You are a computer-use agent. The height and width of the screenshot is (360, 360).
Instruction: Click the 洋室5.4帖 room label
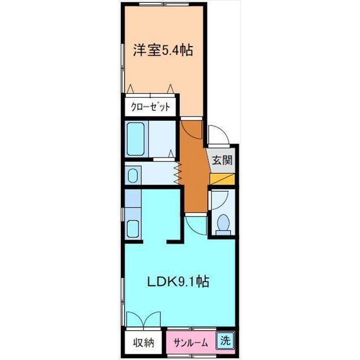(163, 50)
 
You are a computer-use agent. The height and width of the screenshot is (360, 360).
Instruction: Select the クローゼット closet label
(151, 107)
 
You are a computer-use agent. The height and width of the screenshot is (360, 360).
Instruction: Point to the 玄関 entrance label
(222, 160)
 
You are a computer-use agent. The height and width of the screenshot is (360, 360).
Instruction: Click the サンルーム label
(191, 343)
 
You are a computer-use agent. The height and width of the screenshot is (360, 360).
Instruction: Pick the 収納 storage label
(144, 343)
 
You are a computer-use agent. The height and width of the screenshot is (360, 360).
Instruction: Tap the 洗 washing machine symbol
(225, 340)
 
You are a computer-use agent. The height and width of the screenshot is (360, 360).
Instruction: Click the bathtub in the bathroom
(136, 139)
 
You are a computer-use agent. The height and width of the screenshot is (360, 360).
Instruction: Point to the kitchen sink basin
(133, 229)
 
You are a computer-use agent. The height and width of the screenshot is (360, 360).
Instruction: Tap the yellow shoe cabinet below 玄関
(222, 179)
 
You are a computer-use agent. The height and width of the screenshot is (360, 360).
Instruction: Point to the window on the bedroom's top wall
(164, 4)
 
